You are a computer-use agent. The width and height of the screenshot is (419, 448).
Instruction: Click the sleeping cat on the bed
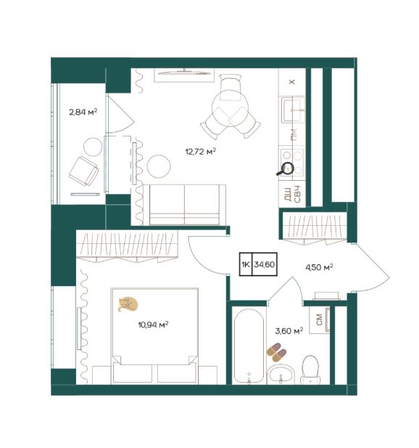point(128,304)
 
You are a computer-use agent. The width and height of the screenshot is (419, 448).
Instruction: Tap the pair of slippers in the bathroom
point(276,352)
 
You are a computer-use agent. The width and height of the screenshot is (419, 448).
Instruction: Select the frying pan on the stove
point(286,169)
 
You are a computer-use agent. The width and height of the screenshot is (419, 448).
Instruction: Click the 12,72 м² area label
point(200,151)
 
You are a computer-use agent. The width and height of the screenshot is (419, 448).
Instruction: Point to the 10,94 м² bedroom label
point(153,325)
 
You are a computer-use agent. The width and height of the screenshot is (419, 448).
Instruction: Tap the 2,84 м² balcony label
point(83,112)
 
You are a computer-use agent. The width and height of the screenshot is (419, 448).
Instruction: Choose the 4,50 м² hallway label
point(319,267)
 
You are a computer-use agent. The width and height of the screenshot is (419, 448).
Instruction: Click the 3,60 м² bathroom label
point(289,331)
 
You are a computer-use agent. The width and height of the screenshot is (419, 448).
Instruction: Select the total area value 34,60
point(265,264)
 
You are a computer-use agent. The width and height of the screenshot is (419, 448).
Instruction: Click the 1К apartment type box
point(246,264)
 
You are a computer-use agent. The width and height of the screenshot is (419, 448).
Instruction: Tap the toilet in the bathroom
point(310,370)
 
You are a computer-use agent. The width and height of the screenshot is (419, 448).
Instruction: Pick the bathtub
point(249,346)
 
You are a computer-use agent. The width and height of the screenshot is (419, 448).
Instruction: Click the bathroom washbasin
point(281,375)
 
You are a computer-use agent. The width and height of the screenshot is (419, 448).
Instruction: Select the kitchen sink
point(293,110)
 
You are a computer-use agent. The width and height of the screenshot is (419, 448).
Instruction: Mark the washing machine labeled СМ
point(320,319)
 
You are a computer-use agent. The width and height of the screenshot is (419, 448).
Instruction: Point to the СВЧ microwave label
point(297,194)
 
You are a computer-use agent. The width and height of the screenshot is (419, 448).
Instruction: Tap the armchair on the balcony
point(84,171)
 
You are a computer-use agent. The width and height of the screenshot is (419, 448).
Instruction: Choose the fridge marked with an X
point(292,82)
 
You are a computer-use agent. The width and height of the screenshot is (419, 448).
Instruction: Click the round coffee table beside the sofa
point(159,166)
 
